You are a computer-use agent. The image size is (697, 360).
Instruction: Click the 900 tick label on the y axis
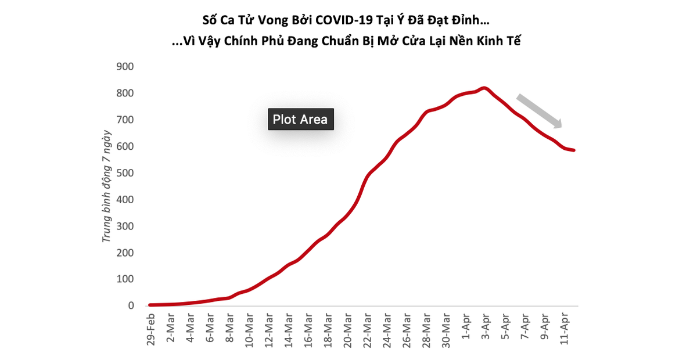[x=125, y=67]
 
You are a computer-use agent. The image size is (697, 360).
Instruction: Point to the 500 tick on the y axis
[x=125, y=173]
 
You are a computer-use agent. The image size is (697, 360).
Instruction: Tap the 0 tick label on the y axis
[x=131, y=306]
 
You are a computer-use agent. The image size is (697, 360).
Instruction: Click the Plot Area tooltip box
[x=300, y=120]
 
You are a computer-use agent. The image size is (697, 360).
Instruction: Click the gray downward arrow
[x=539, y=110]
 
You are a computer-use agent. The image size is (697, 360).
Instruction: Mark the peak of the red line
[x=484, y=88]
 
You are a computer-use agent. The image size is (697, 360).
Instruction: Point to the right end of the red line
[x=573, y=150]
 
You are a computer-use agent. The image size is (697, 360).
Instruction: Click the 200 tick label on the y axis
[x=125, y=253]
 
